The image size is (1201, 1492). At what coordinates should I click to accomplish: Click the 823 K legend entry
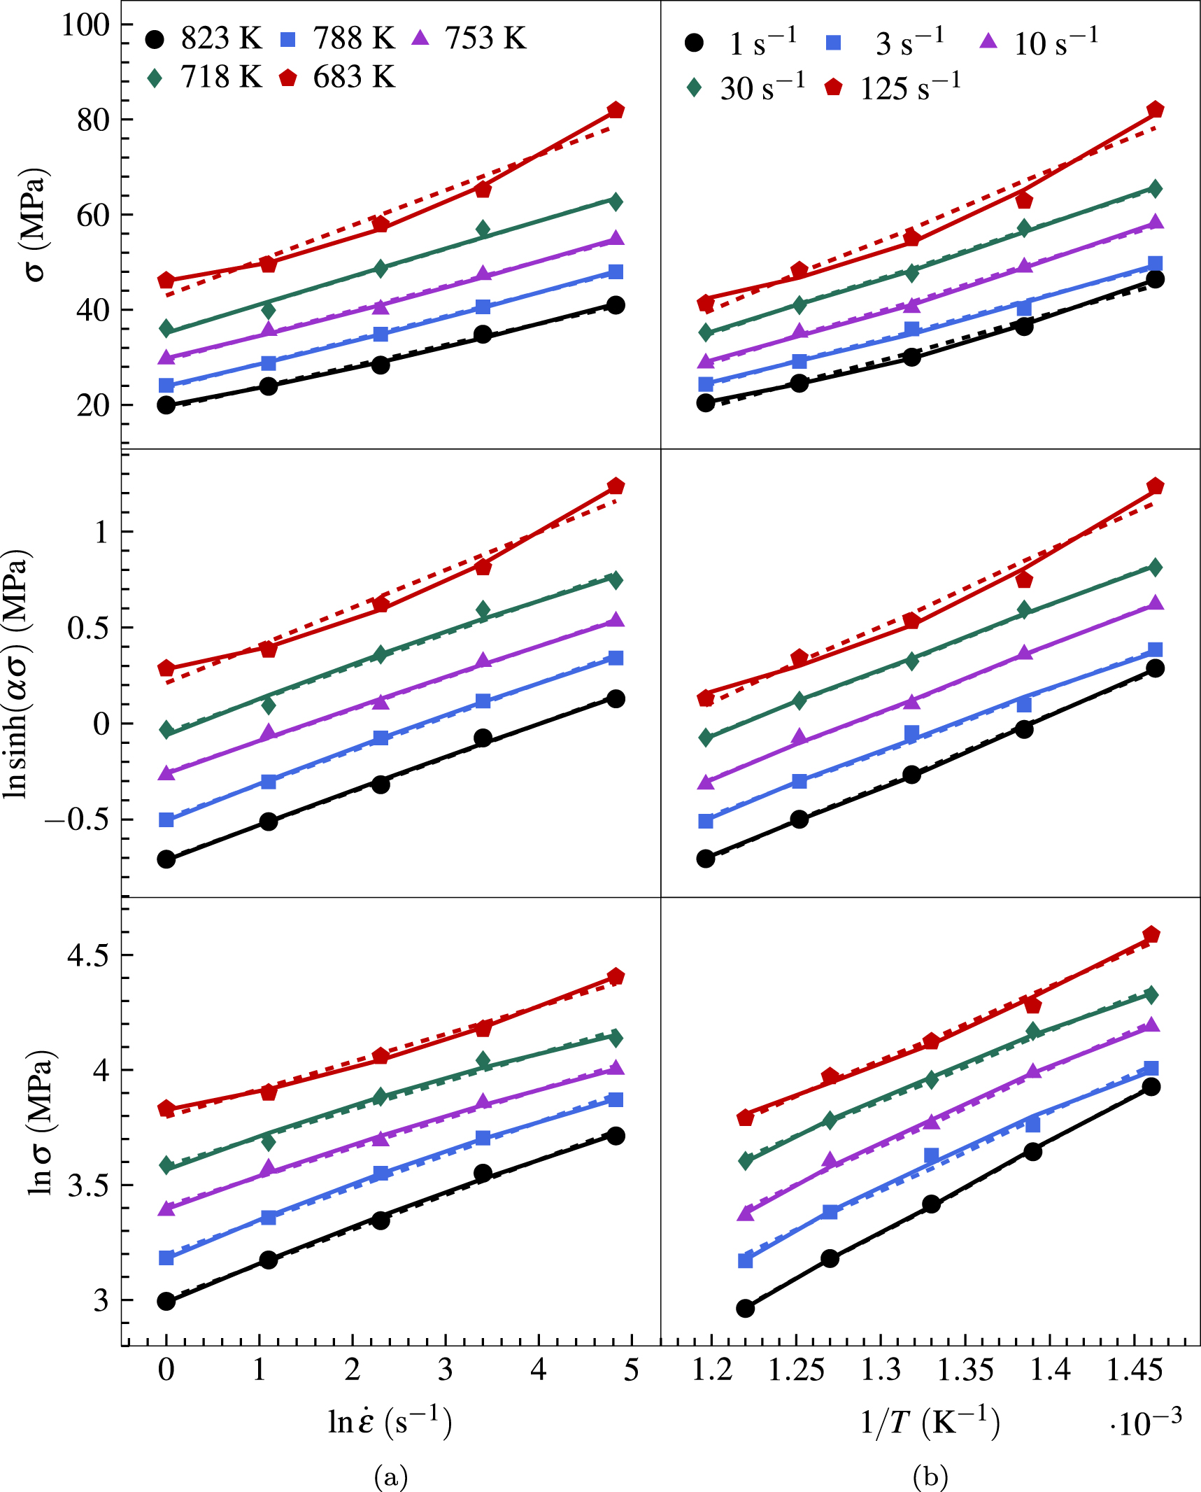point(203,38)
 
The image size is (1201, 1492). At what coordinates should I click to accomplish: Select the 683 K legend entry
point(337,78)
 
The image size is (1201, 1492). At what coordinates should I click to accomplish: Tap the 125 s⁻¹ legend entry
point(893,87)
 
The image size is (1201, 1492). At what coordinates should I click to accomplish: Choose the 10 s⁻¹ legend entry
point(1039,43)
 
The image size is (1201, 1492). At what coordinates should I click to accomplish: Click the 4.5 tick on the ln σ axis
point(88,955)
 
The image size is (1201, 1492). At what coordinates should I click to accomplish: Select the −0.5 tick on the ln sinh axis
point(77,819)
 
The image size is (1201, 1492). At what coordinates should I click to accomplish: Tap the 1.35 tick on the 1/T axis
point(965,1370)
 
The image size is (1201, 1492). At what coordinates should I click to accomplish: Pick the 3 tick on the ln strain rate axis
point(446,1370)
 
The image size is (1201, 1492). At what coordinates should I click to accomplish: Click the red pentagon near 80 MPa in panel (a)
point(616,111)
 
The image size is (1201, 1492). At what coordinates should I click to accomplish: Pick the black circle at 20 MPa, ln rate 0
point(166,405)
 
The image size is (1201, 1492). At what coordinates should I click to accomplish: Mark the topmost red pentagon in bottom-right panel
point(1151,935)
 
